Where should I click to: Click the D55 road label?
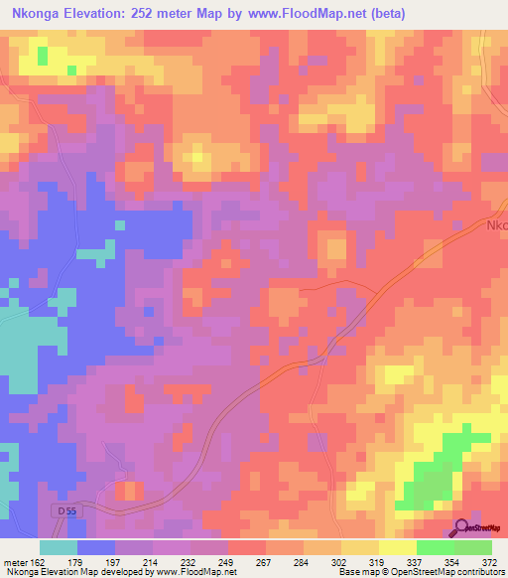tap(63, 510)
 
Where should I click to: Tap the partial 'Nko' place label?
tap(496, 225)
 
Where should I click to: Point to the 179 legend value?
tap(78, 561)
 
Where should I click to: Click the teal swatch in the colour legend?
tap(59, 547)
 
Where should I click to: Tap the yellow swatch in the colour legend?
tap(397, 547)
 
